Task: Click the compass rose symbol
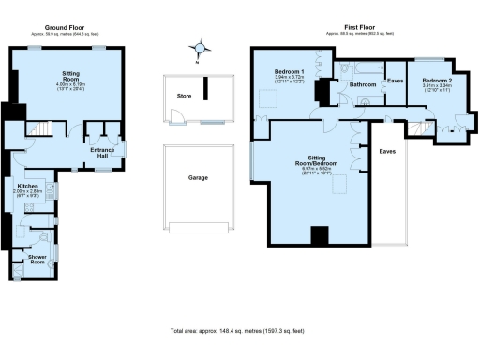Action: click(x=197, y=47)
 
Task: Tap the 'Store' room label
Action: click(x=185, y=95)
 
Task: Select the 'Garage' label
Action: click(x=198, y=177)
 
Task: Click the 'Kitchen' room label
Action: click(x=26, y=187)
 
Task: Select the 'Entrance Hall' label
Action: click(x=102, y=152)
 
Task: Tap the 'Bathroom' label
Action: click(x=363, y=85)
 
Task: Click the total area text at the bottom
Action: click(x=239, y=332)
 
